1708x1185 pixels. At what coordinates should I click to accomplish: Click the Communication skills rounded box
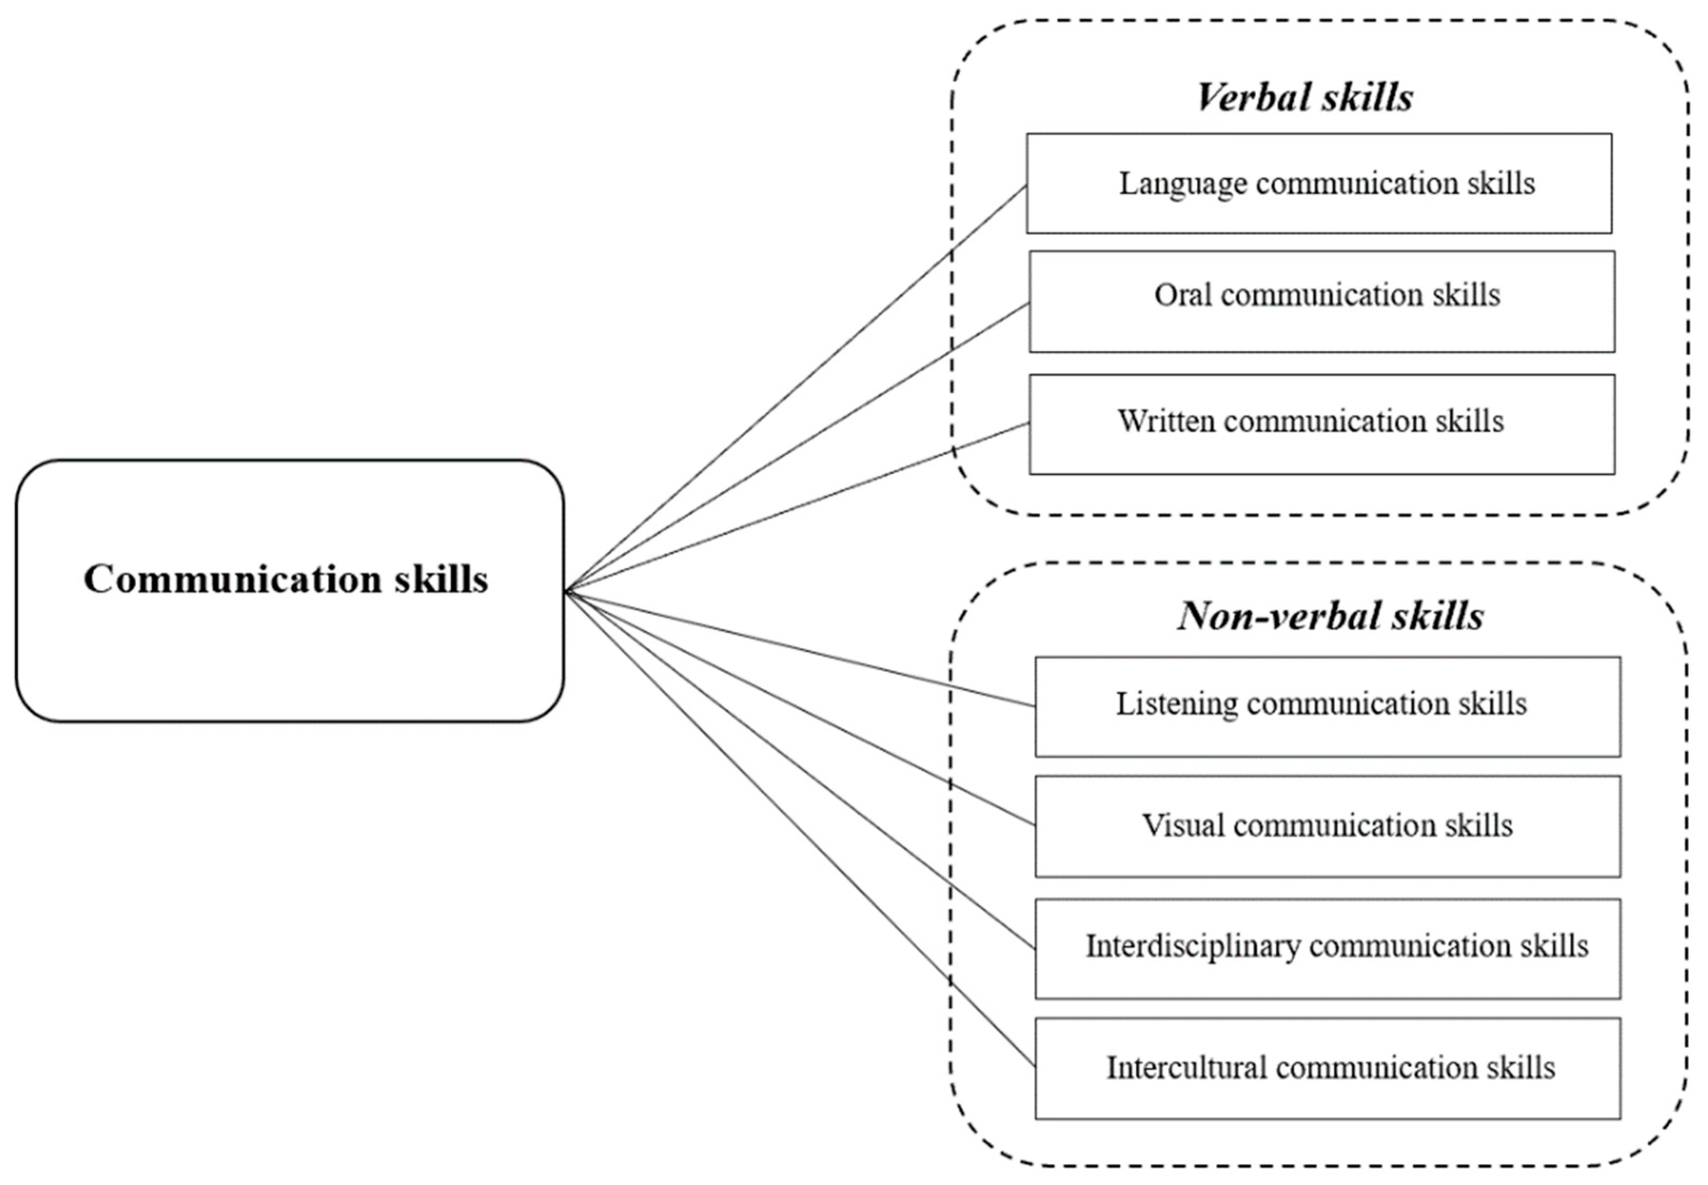click(290, 590)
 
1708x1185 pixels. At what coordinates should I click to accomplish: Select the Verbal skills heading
click(1305, 97)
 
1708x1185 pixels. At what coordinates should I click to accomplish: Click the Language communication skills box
click(1319, 183)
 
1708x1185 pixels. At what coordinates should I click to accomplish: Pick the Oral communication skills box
click(1321, 301)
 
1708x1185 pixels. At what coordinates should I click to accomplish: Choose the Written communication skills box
click(1321, 424)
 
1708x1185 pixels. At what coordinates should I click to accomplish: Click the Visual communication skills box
click(1327, 826)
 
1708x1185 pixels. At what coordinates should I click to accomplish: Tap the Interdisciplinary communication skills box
click(1327, 948)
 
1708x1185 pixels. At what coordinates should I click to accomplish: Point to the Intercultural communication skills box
click(1327, 1069)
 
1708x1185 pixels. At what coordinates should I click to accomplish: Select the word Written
click(1167, 421)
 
